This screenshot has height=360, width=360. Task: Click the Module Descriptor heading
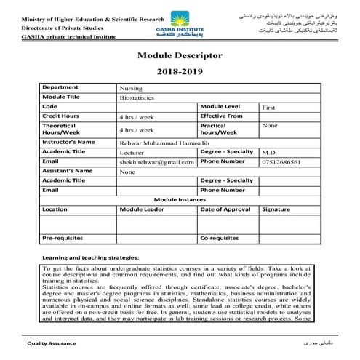(180, 55)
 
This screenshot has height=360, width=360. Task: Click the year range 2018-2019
(179, 73)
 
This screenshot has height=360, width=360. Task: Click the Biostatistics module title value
(136, 97)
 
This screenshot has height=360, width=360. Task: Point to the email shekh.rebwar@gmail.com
(158, 162)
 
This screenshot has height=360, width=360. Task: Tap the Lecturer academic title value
(133, 153)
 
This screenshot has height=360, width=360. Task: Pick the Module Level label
(220, 106)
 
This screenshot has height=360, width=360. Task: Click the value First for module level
(269, 107)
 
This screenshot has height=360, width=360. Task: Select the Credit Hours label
(62, 116)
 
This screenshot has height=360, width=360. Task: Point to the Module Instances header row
(179, 199)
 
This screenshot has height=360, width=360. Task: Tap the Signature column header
(276, 208)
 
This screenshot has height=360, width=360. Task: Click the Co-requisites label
(219, 237)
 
